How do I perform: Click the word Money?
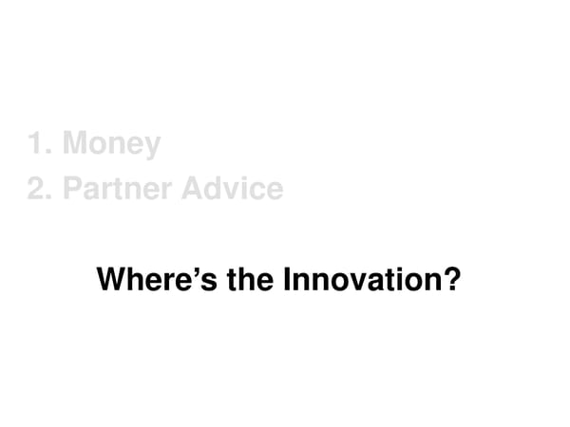(x=111, y=145)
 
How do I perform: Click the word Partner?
(x=118, y=188)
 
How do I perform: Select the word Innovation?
(x=360, y=282)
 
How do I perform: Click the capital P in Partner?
(x=71, y=188)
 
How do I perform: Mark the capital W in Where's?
(x=112, y=282)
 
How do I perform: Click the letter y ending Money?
(x=152, y=148)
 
